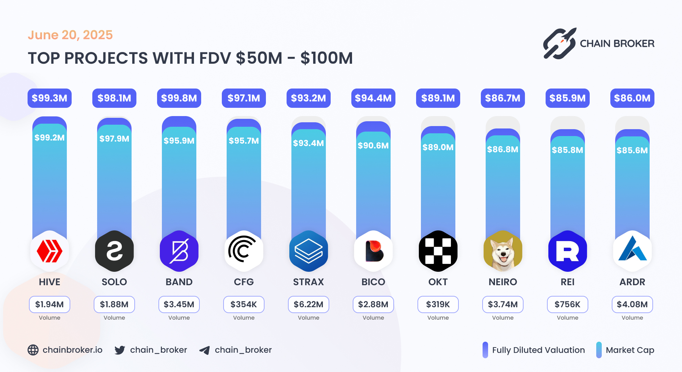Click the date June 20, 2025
70,35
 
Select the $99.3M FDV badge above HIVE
50,98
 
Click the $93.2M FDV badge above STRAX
308,98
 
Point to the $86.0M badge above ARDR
632,98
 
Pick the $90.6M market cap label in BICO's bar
373,145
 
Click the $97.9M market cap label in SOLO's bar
114,138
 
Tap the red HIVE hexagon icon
50,251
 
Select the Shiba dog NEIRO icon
503,251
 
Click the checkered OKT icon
438,251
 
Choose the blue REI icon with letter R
567,251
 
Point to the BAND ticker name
179,282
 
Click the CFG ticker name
244,282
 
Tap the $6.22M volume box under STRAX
308,304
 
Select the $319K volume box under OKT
438,304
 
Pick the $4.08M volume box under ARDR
632,304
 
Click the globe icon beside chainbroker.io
33,350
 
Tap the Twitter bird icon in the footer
120,350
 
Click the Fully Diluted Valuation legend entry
534,350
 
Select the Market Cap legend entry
625,350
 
